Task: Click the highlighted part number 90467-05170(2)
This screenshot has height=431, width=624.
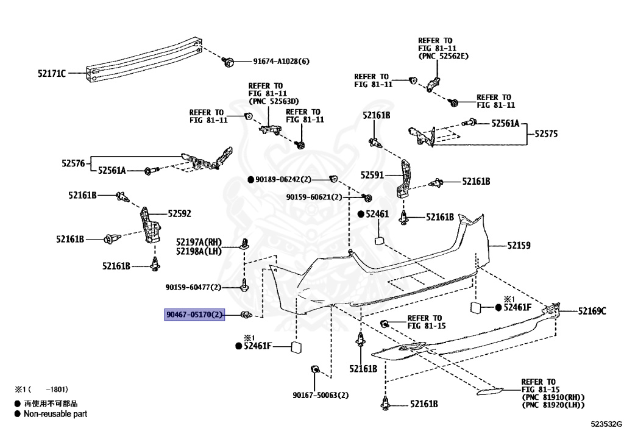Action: coord(195,315)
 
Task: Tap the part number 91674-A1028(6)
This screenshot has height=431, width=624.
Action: coord(282,62)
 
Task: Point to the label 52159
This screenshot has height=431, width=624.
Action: coord(519,246)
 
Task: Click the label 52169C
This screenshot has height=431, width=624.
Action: coord(592,312)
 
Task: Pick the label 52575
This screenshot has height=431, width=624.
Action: coord(546,133)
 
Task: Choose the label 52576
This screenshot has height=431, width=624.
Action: coord(75,163)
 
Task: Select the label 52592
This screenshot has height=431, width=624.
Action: coord(180,213)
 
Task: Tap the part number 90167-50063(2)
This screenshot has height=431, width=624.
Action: coord(320,396)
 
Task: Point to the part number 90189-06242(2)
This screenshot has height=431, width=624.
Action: coord(283,179)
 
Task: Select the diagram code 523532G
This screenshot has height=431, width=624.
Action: coord(606,424)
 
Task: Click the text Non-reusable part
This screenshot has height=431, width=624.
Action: coord(55,414)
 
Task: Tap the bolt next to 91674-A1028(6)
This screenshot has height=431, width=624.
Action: coord(230,61)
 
